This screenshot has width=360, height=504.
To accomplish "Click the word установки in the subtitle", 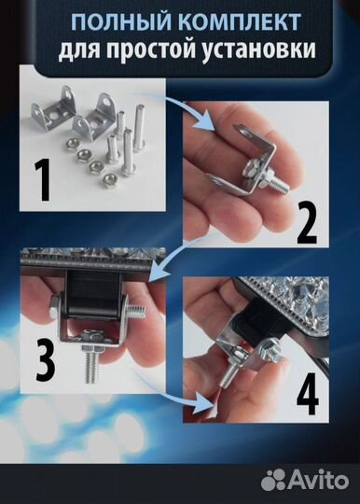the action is [x=258, y=50].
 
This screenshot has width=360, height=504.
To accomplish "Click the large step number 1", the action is [x=43, y=181].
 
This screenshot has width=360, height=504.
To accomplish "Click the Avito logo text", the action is [x=317, y=481].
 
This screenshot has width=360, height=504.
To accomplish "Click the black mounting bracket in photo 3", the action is [x=93, y=296].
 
